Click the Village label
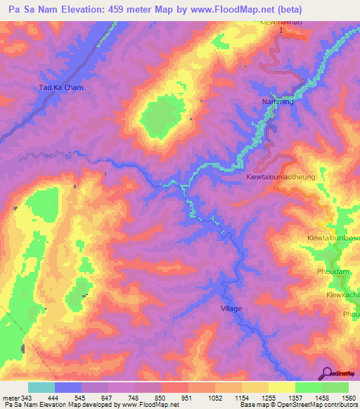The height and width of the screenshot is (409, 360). (231, 309)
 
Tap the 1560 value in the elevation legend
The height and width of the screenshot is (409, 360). (347, 398)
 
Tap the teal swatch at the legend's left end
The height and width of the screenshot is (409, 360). (41, 387)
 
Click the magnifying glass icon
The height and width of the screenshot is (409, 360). (327, 372)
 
